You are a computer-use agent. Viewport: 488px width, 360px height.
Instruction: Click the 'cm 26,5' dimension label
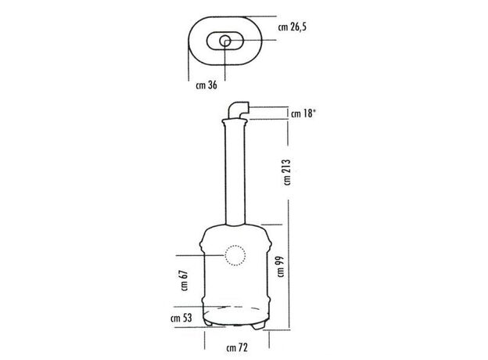click(292, 27)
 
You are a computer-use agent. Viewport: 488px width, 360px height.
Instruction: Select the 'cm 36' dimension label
click(206, 85)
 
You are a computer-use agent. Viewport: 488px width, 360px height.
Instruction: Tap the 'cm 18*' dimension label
click(303, 113)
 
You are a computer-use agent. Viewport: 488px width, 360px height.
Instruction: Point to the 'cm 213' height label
click(287, 172)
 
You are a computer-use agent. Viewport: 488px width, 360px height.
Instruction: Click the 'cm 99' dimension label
click(281, 267)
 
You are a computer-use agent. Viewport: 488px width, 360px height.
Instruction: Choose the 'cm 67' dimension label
click(185, 281)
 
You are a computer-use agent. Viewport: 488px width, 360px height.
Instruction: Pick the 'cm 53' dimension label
click(181, 319)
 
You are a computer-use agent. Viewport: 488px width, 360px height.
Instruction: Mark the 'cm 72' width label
click(237, 347)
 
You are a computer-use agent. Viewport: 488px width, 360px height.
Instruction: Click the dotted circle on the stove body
click(235, 246)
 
